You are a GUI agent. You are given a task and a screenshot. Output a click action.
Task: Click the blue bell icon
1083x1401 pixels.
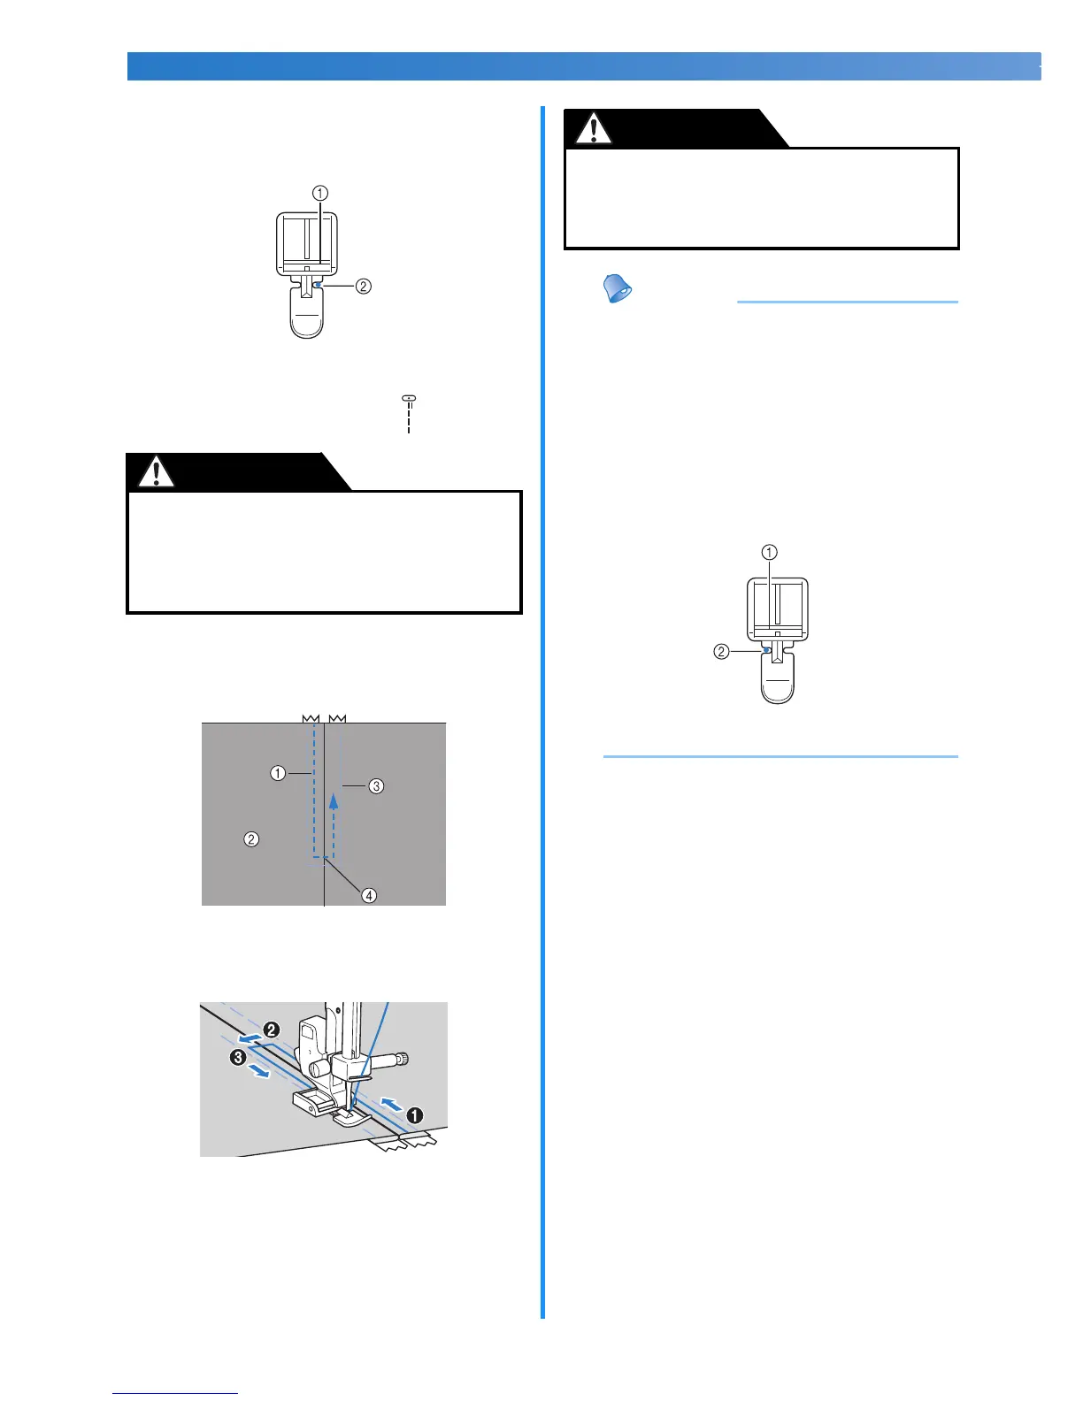click(617, 289)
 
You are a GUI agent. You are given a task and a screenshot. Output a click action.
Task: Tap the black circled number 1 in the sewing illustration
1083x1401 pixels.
click(413, 1115)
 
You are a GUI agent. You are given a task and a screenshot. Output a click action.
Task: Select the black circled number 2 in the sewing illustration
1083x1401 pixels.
click(271, 1030)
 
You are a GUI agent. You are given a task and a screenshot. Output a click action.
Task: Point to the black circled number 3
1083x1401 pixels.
click(238, 1058)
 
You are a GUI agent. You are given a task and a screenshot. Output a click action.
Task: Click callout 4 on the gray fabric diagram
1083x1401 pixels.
click(368, 895)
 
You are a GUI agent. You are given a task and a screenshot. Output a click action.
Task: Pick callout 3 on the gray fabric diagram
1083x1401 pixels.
click(376, 785)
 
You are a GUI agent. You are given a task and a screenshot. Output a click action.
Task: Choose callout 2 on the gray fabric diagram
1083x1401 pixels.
click(251, 838)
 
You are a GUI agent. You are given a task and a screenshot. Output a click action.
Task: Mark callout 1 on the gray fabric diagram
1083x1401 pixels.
click(278, 773)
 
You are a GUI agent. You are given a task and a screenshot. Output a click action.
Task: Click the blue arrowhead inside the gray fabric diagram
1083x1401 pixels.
click(334, 800)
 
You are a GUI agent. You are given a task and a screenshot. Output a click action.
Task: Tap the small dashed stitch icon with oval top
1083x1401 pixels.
click(409, 413)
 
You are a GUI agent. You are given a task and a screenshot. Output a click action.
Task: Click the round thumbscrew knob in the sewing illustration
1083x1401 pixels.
click(404, 1059)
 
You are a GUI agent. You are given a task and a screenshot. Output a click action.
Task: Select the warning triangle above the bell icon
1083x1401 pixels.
click(593, 128)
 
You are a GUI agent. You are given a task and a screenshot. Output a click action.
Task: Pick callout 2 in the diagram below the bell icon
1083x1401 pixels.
click(721, 652)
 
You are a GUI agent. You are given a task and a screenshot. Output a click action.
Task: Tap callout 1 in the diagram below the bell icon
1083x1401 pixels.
click(770, 552)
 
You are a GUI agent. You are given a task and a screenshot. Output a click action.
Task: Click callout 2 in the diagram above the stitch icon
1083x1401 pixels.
click(363, 286)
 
